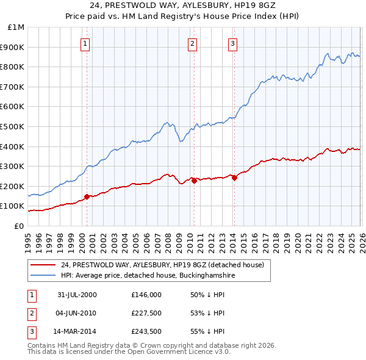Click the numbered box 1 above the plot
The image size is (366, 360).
[x=85, y=43]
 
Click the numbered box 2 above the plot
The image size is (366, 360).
[x=192, y=43]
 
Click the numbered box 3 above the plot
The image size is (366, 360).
[x=233, y=43]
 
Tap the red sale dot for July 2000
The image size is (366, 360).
[x=87, y=196]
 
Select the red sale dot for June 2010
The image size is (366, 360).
[x=193, y=181]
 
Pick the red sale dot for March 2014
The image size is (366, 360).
[x=234, y=178]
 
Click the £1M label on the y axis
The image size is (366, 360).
[x=16, y=27]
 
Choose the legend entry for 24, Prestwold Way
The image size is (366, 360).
[x=162, y=265]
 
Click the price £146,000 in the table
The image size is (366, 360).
[x=146, y=295]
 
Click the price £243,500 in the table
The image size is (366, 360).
[x=146, y=331]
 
